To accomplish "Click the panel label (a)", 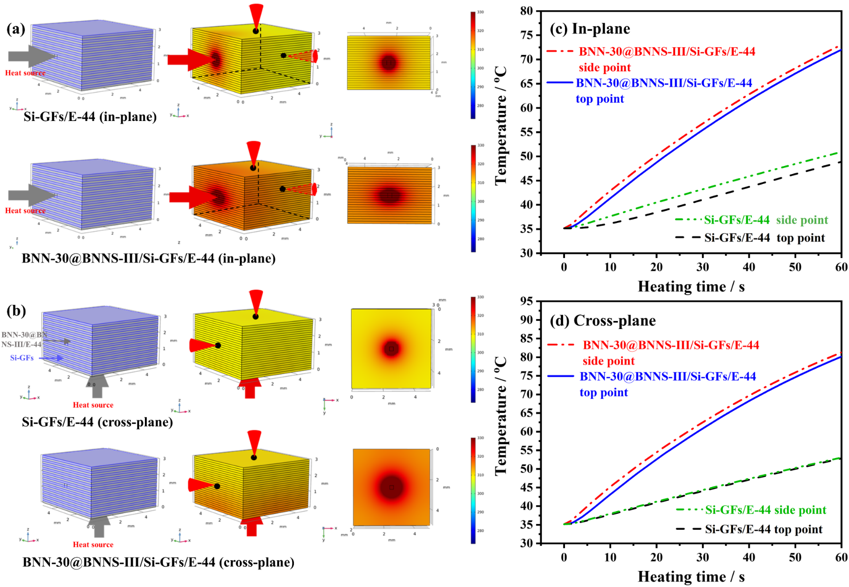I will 16,29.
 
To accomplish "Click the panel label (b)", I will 16,311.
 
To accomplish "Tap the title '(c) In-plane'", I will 589,29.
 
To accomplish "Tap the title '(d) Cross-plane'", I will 602,321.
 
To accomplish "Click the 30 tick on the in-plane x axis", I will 702,267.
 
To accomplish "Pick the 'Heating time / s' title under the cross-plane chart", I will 691,576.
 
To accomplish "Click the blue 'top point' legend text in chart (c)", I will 600,99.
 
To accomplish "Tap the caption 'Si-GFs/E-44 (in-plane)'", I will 90,117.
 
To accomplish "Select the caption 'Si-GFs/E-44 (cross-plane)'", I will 97,422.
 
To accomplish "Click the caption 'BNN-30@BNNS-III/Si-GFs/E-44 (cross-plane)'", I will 158,562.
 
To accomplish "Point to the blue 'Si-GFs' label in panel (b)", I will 22,358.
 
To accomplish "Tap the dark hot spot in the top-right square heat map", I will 389,62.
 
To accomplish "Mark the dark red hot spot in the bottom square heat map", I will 392,487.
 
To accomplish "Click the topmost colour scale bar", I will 473,65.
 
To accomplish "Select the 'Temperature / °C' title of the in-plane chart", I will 501,125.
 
